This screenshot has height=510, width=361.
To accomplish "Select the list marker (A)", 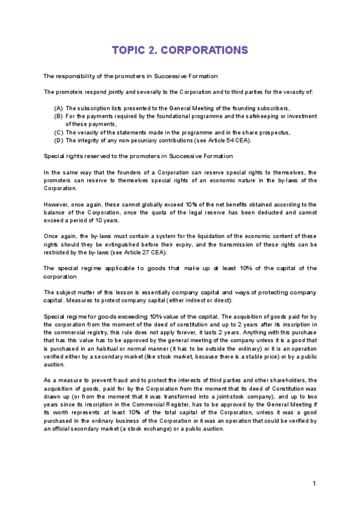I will click(58, 108).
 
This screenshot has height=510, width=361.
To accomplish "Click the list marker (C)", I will click(58, 132).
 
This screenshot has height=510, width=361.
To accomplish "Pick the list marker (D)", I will click(58, 140).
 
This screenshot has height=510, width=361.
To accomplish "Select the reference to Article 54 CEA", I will click(231, 140).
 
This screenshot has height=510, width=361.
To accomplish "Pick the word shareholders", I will click(288, 380).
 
